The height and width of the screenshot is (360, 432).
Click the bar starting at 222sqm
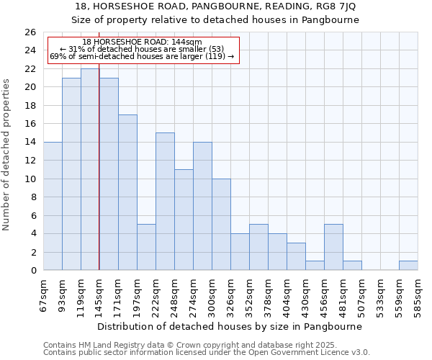click(x=165, y=202)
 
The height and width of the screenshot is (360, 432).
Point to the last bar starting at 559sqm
click(x=408, y=266)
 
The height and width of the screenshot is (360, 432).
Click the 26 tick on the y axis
click(x=30, y=32)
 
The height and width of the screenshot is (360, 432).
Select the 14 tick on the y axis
click(x=30, y=143)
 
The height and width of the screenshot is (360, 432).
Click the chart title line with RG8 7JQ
click(x=216, y=6)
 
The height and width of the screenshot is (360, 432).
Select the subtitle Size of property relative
click(x=216, y=19)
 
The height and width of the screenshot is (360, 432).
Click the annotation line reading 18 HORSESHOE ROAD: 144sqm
click(x=143, y=42)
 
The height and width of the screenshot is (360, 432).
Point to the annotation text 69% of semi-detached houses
click(x=143, y=56)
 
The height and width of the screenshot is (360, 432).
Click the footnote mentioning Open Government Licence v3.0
click(x=207, y=352)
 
